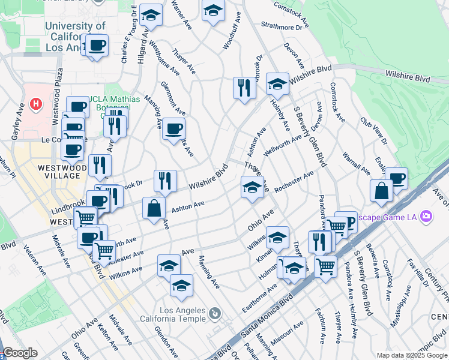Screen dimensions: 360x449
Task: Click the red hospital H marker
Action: point(37,104)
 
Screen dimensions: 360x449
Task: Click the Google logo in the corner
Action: point(20,353)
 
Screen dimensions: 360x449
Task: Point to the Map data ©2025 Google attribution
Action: point(411,355)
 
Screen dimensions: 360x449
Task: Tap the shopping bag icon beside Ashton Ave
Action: point(154,208)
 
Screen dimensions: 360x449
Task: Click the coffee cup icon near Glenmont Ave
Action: point(173,128)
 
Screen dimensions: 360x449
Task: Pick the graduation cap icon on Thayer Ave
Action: point(252,187)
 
